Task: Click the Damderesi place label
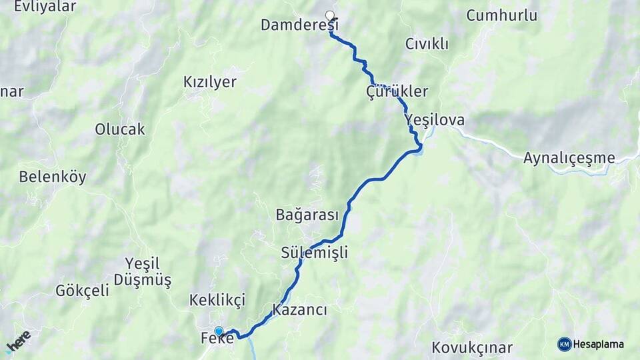coord(299,25)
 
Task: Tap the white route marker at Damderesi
coord(329,15)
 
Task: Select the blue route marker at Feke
coord(219,331)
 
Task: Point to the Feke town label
coord(217,339)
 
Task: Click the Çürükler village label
coord(397,91)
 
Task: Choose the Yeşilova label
coord(435,120)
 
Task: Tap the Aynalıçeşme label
coord(569,158)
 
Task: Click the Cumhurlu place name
coord(501,15)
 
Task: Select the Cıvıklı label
coord(427,44)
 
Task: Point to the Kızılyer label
coord(210,82)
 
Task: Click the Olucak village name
coord(120,129)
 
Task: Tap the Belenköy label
coord(53,177)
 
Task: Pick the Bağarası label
coord(307,215)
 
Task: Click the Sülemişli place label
coord(315,253)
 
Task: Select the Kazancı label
coord(299,310)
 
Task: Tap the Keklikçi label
coord(217,299)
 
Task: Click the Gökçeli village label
coord(82,290)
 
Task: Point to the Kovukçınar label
coord(472,347)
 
